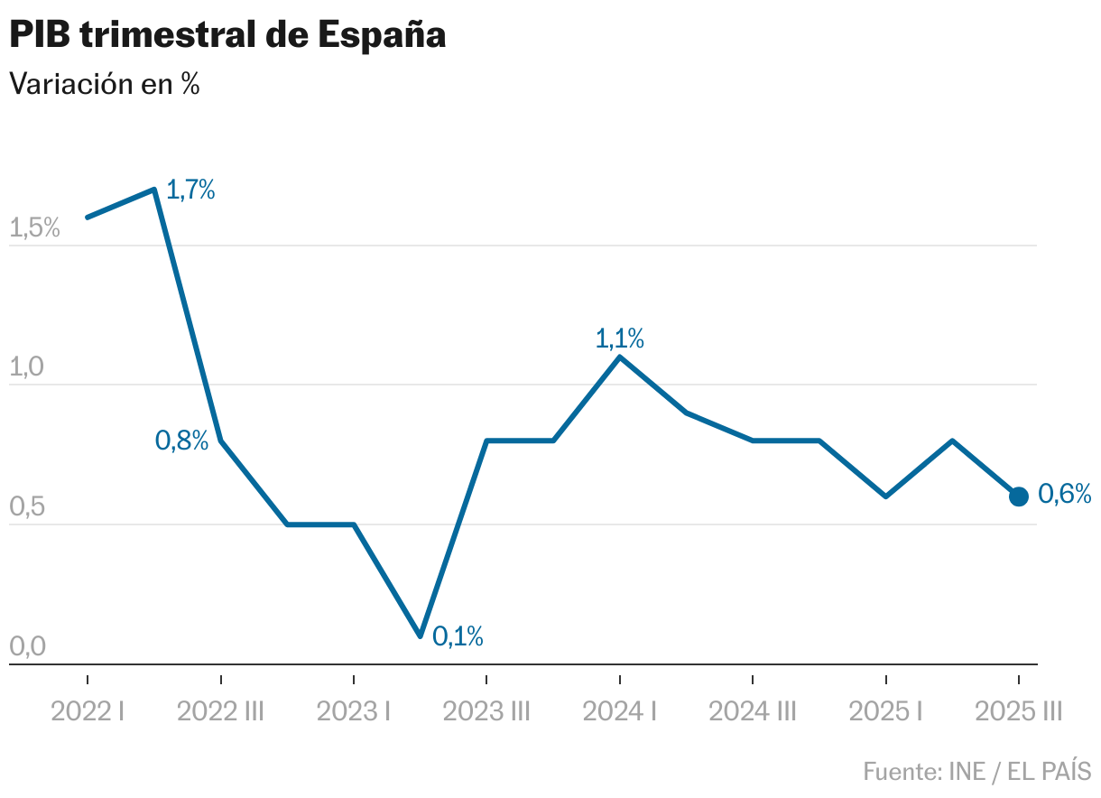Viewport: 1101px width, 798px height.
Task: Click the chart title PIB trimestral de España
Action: point(227,35)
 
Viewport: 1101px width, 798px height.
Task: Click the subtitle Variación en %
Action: point(104,84)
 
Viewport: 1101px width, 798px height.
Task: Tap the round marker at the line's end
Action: point(1018,496)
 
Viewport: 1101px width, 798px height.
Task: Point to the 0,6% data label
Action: point(1065,494)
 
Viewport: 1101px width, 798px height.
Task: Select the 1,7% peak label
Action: point(190,190)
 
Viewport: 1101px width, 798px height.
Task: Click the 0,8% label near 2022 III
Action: point(181,441)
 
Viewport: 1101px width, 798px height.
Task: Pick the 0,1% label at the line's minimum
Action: point(458,636)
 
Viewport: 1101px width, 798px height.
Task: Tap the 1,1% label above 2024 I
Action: point(619,339)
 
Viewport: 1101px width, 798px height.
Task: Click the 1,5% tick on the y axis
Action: point(34,228)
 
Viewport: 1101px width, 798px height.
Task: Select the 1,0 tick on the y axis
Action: point(26,368)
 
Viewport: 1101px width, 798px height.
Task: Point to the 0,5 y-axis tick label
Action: point(26,507)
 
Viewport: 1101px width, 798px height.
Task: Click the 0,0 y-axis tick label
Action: point(26,647)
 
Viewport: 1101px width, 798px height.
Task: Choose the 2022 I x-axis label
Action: point(88,712)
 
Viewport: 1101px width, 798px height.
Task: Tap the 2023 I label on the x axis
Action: point(354,712)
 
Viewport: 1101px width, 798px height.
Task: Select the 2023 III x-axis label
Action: point(486,712)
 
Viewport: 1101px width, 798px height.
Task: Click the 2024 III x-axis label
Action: point(753,712)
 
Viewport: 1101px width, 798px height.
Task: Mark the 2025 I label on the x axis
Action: point(885,712)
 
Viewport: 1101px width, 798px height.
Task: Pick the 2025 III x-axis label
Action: point(1018,712)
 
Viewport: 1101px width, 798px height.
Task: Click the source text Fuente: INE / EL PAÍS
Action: point(976,772)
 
